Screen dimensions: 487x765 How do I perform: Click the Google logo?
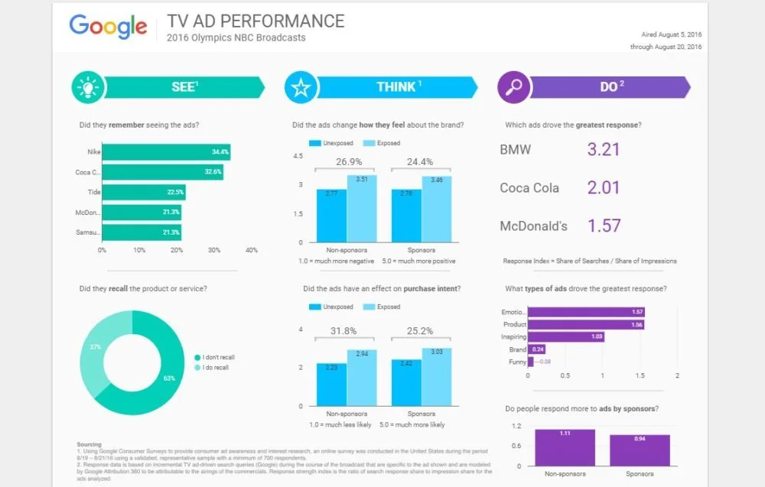click(108, 27)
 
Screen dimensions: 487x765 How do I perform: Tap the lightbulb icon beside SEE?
click(87, 87)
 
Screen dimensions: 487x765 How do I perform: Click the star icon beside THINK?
click(300, 87)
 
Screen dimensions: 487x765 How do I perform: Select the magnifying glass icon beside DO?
click(513, 87)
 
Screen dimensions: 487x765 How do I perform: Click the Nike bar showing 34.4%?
click(166, 152)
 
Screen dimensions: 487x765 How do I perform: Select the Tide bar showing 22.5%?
click(144, 193)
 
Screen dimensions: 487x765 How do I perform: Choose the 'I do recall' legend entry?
click(216, 368)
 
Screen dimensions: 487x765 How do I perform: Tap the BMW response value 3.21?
click(603, 149)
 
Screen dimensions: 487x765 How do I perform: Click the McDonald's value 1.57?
click(603, 226)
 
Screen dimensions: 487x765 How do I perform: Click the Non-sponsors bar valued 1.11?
click(565, 447)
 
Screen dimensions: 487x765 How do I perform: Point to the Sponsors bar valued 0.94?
click(640, 450)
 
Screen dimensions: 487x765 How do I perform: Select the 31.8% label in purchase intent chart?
click(347, 331)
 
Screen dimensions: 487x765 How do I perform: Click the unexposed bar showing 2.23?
click(331, 385)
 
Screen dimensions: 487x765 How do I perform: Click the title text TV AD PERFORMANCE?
click(256, 21)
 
